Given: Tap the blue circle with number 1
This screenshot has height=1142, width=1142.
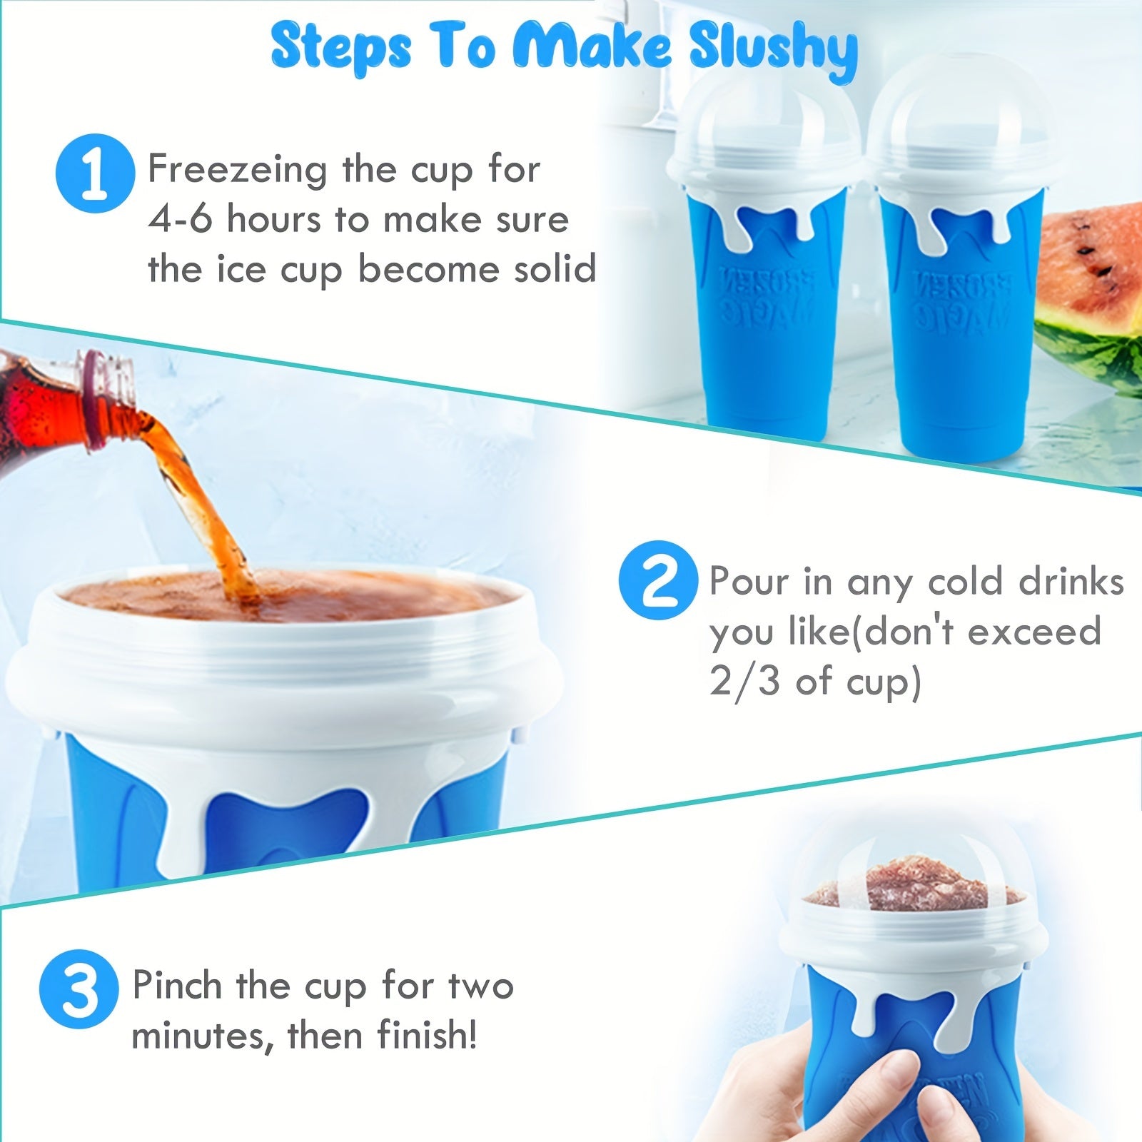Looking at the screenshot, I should tap(94, 173).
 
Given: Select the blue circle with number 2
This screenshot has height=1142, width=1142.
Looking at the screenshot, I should tap(657, 580).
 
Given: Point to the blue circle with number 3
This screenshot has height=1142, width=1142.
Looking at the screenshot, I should tap(79, 989).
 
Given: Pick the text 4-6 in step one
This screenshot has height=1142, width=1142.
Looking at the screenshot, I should tap(179, 219).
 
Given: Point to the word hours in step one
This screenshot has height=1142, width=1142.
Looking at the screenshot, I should tap(274, 219).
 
